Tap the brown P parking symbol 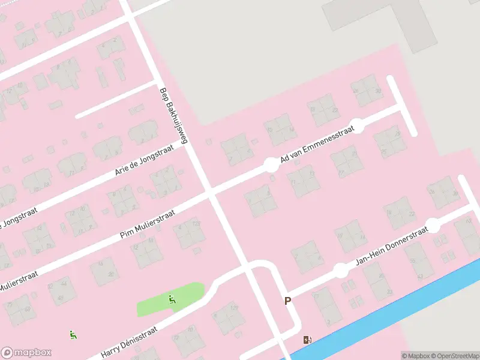(288, 301)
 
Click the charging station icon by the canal (308, 340)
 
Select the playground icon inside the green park (172, 299)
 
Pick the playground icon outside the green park (73, 335)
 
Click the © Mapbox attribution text (417, 356)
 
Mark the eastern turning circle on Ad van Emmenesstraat (357, 125)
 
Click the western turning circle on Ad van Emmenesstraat (271, 164)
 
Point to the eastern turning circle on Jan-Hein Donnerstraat (432, 226)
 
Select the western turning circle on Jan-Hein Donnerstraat (341, 270)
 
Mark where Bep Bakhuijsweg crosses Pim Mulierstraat (209, 193)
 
